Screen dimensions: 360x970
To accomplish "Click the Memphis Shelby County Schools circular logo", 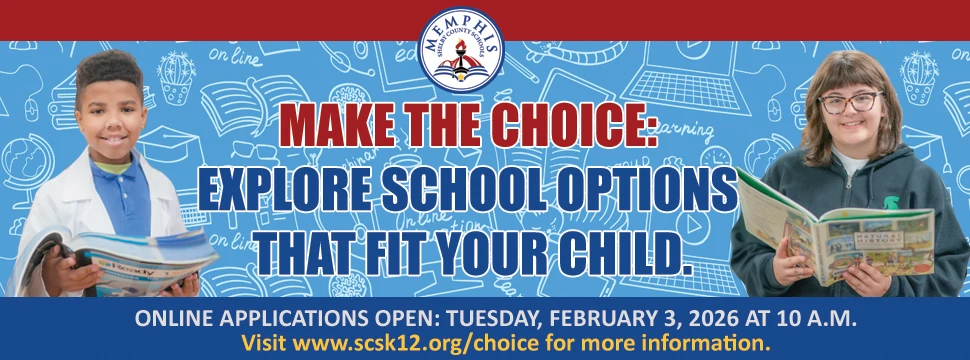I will [x=461, y=49].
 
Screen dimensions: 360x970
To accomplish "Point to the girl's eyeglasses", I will [x=849, y=101].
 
